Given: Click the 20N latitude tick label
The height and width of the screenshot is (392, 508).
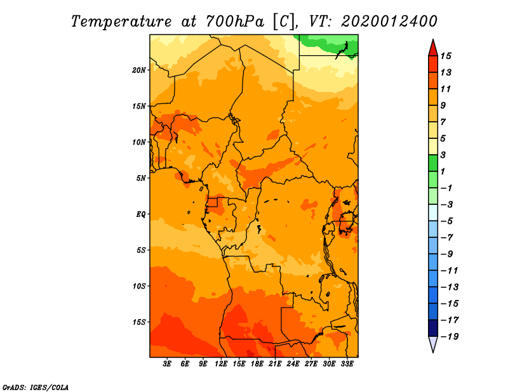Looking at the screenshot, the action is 138,70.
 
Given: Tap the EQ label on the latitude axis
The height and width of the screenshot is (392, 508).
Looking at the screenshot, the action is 140,214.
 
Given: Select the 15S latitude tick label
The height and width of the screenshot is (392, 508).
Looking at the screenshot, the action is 139,322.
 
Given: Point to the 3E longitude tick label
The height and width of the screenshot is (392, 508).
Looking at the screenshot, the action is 167,364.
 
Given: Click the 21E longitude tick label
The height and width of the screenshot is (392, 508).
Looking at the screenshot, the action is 275,364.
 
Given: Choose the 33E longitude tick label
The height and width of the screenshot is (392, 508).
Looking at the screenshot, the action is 347,364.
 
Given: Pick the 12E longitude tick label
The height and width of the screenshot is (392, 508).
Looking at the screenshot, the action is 221,364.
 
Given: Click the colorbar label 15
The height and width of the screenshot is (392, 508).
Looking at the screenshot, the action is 446,56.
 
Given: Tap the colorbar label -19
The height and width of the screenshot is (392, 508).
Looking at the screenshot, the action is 450,337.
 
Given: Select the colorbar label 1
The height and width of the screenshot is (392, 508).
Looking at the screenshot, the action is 443,171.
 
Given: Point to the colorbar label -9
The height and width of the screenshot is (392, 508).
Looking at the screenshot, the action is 446,254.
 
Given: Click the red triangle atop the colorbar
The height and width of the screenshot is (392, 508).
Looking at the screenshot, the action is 433,48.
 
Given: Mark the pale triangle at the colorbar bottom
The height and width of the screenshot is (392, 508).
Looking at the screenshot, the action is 433,343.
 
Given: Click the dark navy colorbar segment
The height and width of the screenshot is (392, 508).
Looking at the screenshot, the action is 433,328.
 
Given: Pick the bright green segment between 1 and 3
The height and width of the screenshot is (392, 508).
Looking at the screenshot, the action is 433,164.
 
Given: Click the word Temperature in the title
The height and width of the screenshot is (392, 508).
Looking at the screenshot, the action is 121,22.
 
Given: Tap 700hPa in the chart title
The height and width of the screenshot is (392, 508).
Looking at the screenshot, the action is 235,22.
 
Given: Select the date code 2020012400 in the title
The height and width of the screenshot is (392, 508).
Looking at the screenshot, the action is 389,22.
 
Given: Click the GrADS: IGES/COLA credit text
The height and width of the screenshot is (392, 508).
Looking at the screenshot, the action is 36,388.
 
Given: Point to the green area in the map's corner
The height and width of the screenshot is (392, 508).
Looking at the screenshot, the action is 327,44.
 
